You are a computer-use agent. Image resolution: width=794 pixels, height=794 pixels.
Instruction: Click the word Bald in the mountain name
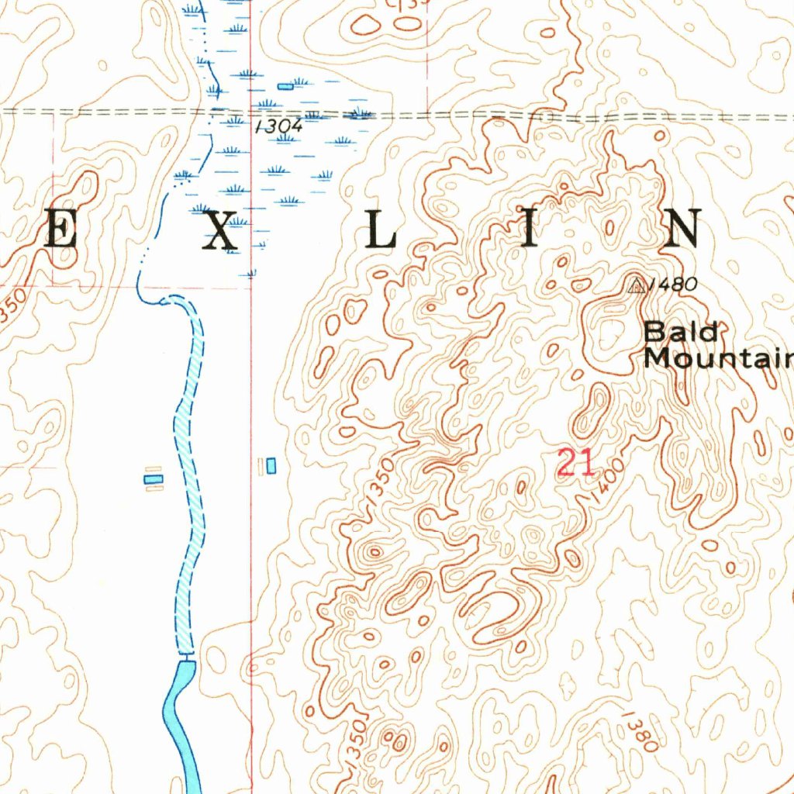click(x=681, y=332)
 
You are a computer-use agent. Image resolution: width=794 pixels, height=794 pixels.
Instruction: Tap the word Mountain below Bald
click(x=718, y=358)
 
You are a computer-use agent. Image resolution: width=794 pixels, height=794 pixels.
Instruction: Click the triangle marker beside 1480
click(x=637, y=287)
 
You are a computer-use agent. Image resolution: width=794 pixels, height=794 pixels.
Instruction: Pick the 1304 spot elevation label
click(x=278, y=126)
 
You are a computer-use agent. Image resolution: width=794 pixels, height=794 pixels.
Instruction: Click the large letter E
click(x=60, y=230)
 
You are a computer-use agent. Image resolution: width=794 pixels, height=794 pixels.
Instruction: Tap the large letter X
click(x=220, y=230)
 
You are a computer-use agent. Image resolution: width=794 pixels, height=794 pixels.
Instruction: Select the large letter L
click(x=381, y=230)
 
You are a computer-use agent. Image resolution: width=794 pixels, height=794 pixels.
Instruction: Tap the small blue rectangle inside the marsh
click(x=285, y=86)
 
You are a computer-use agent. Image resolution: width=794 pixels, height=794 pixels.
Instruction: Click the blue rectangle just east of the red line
click(x=271, y=465)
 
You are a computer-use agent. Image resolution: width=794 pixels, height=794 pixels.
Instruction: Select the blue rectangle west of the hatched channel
click(x=154, y=479)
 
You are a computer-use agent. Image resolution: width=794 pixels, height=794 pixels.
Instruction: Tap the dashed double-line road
click(x=465, y=116)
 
